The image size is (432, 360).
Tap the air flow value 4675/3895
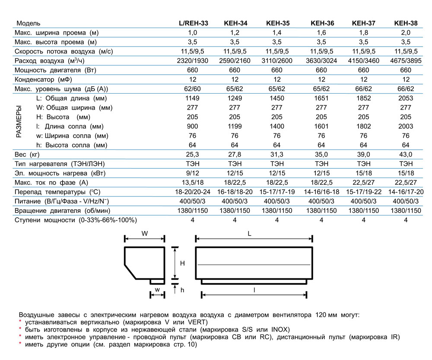pyautogui.click(x=406, y=61)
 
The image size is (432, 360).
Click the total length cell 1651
pyautogui.click(x=321, y=98)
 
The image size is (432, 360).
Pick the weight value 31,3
pyautogui.click(x=277, y=155)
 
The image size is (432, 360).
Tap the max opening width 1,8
pyautogui.click(x=364, y=33)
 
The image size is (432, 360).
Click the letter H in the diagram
pyautogui.click(x=183, y=263)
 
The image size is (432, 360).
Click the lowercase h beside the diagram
pyautogui.click(x=182, y=290)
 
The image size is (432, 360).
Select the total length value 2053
pyautogui.click(x=406, y=98)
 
